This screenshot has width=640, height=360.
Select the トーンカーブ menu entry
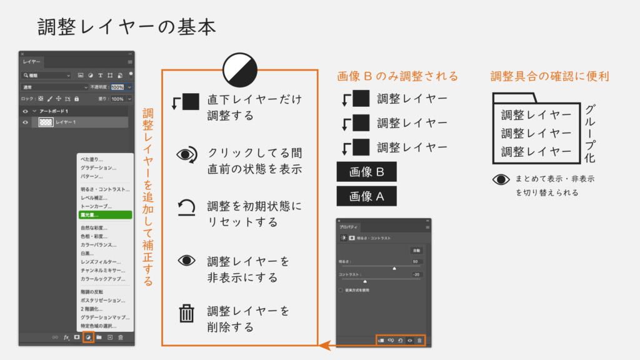pos(97,206)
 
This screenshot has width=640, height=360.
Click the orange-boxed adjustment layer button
pos(88,337)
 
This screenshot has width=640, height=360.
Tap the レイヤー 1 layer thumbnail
pos(46,122)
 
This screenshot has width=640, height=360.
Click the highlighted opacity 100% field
pos(117,87)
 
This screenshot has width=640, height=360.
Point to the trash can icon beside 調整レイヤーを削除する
pos(187,313)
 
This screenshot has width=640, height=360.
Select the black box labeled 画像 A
pos(366,197)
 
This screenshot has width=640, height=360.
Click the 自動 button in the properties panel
pos(416,250)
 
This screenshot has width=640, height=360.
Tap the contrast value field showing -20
pos(416,274)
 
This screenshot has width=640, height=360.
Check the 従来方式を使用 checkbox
pos(341,290)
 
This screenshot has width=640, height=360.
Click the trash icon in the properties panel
pos(420,341)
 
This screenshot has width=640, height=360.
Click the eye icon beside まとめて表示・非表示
pos(501,179)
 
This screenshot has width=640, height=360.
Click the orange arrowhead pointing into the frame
pos(322,345)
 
